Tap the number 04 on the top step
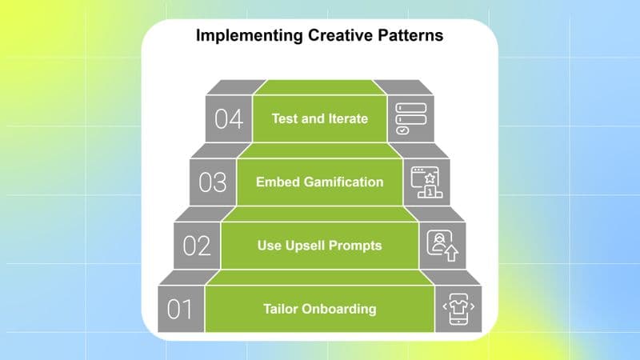tap(228, 119)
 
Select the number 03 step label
tap(213, 182)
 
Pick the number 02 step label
tap(197, 246)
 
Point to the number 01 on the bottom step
tap(181, 309)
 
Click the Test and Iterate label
tap(319, 118)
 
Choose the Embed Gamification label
tap(319, 182)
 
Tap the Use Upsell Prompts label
tap(319, 245)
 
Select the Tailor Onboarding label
tap(319, 309)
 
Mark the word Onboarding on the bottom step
tap(339, 309)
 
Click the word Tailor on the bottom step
tap(279, 309)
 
